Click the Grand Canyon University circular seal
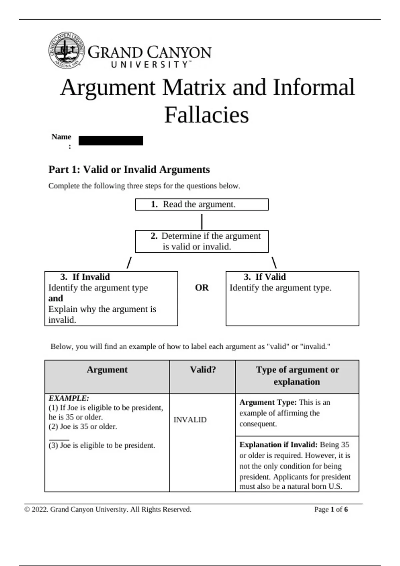click(66, 50)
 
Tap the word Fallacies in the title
click(206, 115)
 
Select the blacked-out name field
click(111, 141)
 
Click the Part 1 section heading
click(129, 169)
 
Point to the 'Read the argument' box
click(201, 204)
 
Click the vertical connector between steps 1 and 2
click(202, 221)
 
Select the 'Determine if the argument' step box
click(201, 241)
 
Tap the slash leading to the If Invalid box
click(129, 262)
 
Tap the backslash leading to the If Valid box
click(274, 262)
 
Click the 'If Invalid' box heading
click(85, 277)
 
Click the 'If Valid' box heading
click(265, 277)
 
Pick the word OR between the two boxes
click(202, 288)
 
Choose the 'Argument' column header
click(107, 370)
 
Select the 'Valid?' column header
click(203, 370)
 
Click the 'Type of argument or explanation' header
click(297, 376)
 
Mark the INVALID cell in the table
click(190, 420)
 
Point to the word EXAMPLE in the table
click(69, 398)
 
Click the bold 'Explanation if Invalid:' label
click(278, 444)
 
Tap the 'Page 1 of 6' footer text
click(331, 509)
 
